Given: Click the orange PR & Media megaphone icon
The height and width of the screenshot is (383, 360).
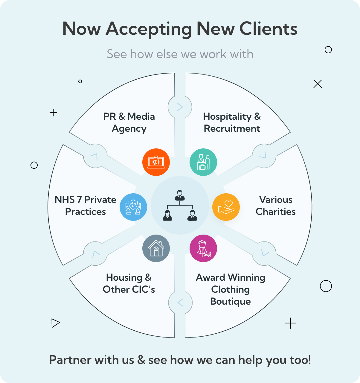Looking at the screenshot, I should (156, 162).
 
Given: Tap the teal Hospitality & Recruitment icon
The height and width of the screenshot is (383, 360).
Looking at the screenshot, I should (203, 162).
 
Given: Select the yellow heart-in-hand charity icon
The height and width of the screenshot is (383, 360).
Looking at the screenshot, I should (226, 207).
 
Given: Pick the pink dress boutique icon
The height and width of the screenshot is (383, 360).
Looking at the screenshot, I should (203, 248).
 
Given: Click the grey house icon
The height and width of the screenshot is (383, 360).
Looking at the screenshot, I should (156, 248).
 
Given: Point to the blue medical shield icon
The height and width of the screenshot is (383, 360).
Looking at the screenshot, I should (133, 207).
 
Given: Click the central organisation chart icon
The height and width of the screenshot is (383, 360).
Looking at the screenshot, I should (180, 205).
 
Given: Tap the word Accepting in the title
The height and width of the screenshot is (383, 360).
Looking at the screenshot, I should (149, 29).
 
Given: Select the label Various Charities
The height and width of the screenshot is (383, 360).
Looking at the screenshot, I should (276, 206).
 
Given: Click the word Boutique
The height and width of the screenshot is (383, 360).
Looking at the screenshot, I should (230, 301).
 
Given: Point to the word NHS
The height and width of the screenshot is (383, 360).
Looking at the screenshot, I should (64, 200).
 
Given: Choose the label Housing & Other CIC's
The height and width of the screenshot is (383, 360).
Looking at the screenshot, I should (129, 283).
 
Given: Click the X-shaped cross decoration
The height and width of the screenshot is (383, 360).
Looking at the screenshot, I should (318, 84).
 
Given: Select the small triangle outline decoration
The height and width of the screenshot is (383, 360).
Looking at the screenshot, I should (55, 323).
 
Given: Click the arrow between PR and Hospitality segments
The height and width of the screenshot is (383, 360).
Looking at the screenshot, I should (180, 107).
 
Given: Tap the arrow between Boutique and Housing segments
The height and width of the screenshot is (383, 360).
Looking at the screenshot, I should (180, 303).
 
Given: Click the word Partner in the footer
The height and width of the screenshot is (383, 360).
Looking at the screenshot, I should (70, 360).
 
